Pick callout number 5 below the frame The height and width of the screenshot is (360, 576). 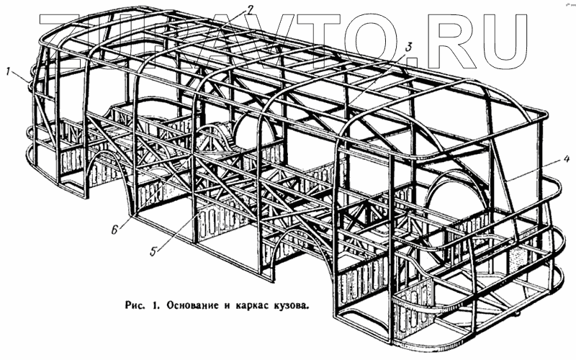pos(154,251)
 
